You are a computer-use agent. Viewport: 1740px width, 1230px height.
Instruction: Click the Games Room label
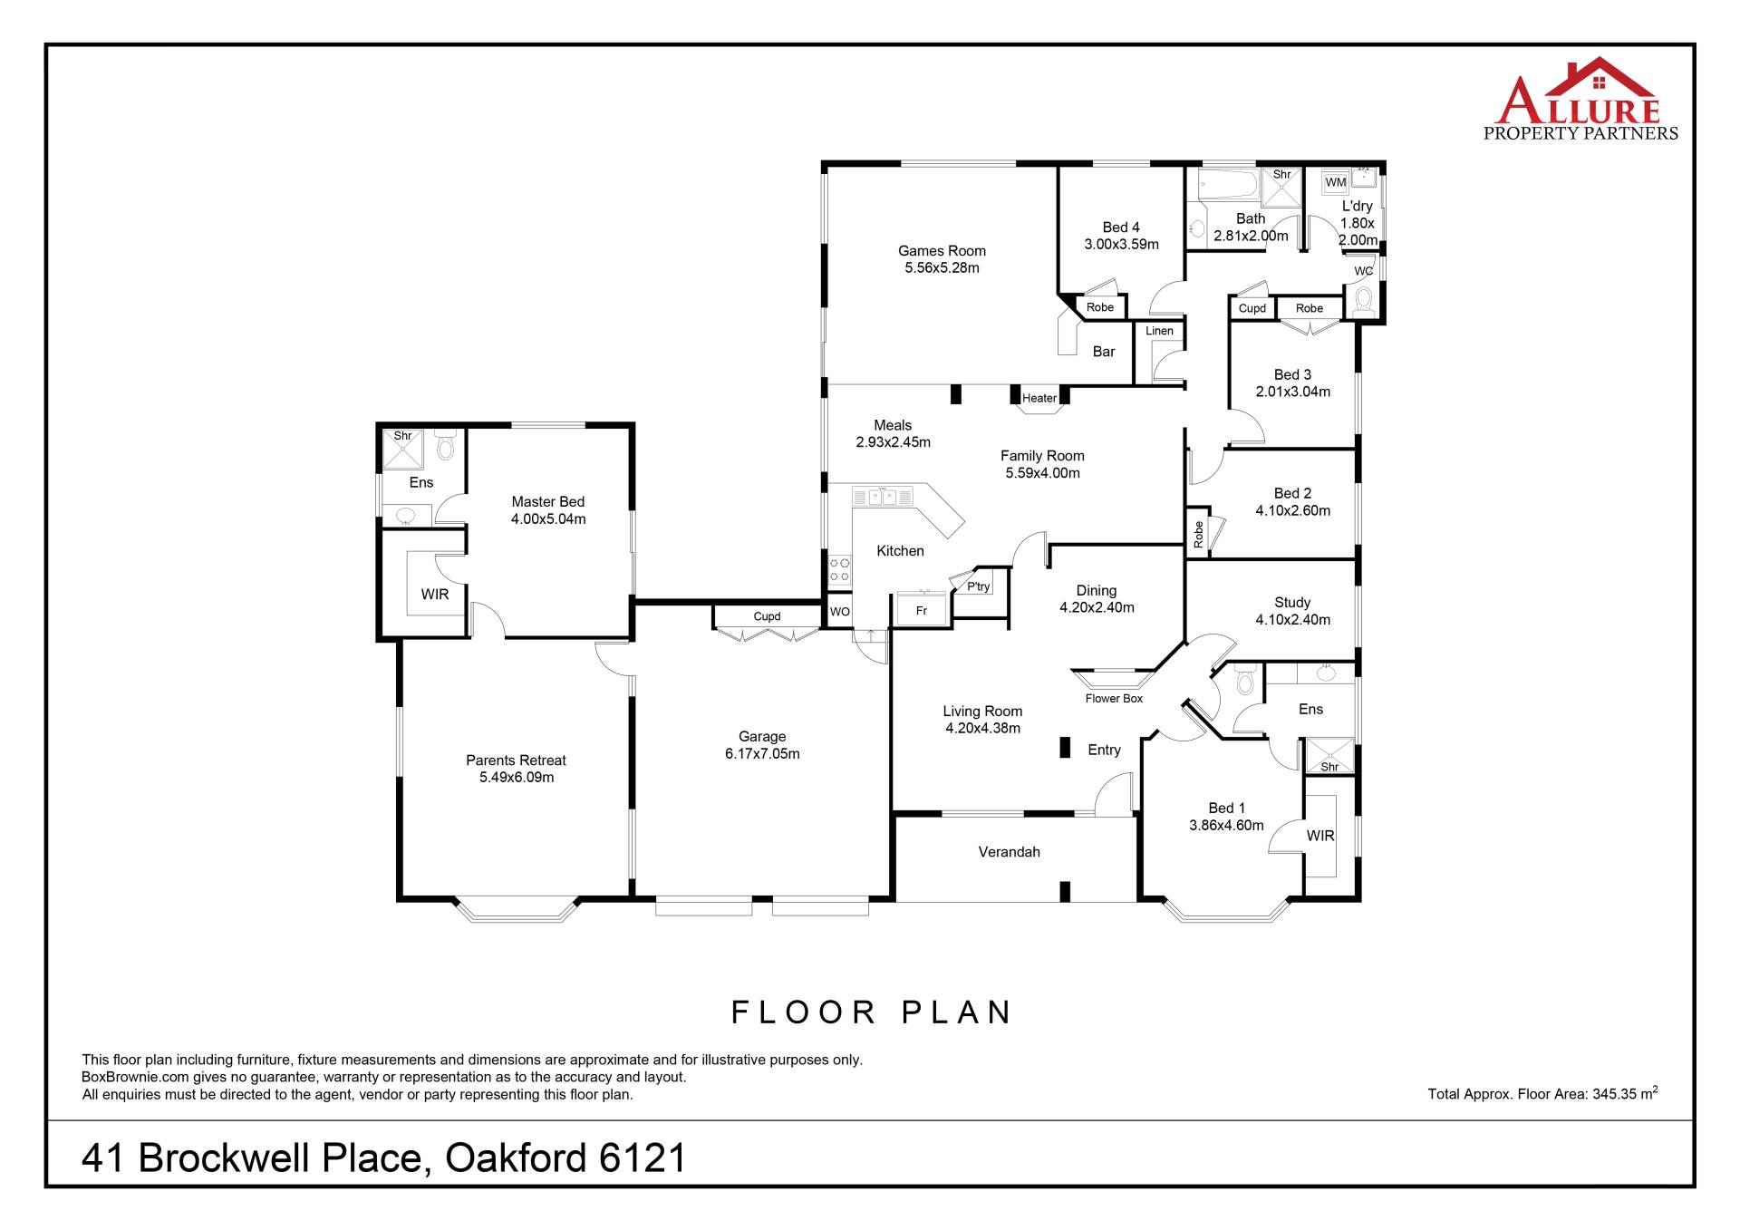point(942,251)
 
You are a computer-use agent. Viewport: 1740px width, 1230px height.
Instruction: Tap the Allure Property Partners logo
point(1580,100)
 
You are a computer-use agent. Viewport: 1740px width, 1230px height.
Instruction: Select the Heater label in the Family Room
point(1039,398)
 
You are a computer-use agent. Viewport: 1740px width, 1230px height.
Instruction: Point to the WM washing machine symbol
point(1336,182)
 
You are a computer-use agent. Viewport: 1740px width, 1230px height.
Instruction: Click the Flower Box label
point(1114,699)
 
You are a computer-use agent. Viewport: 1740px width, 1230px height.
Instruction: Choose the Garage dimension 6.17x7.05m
point(762,754)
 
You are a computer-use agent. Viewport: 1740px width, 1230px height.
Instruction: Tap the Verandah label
point(1009,852)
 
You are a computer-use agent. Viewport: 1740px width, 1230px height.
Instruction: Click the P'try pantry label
point(979,586)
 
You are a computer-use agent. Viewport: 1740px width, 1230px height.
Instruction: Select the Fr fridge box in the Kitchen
point(922,609)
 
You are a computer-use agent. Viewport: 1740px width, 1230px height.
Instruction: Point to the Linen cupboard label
point(1159,331)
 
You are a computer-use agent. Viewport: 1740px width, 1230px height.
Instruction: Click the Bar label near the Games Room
point(1104,352)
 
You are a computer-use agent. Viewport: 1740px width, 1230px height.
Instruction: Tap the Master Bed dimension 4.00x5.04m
point(548,519)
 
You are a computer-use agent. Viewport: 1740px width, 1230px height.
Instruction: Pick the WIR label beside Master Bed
point(435,595)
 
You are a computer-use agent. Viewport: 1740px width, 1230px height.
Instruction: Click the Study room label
point(1292,603)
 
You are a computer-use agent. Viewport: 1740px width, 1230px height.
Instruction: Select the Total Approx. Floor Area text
point(1542,1093)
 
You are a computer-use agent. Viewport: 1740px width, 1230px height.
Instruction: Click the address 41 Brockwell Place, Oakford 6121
point(383,1158)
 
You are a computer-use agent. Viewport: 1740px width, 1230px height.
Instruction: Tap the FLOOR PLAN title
point(871,1012)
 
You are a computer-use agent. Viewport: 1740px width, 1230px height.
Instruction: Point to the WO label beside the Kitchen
point(840,612)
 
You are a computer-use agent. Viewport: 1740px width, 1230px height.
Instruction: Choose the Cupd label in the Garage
point(767,616)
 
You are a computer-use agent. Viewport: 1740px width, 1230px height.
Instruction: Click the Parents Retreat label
point(516,760)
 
